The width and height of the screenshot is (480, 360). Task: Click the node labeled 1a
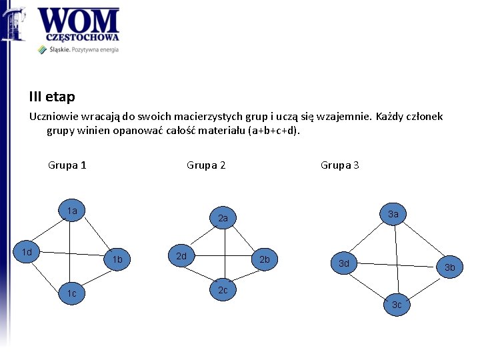73,211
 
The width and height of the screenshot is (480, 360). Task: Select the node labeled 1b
117,259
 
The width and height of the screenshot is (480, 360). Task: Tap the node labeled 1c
72,293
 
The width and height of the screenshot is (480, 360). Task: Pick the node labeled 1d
27,253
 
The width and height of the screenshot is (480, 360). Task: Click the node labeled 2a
223,218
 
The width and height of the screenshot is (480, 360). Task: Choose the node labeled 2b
264,259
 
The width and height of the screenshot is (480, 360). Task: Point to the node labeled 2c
223,290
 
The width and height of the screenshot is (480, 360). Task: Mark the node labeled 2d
181,256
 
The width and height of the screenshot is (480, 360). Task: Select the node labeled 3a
393,214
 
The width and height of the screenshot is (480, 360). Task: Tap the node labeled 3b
450,267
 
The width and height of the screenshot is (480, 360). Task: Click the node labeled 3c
397,305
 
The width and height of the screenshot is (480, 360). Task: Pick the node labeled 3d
344,263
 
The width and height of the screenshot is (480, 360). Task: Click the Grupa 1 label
67,165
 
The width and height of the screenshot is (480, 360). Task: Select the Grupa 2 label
206,165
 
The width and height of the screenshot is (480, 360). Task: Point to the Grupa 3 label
339,165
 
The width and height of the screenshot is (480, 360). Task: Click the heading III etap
52,97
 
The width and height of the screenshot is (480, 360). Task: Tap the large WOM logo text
79,21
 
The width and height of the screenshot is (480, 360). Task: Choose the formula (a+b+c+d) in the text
273,131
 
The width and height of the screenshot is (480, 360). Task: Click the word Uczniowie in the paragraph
53,117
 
